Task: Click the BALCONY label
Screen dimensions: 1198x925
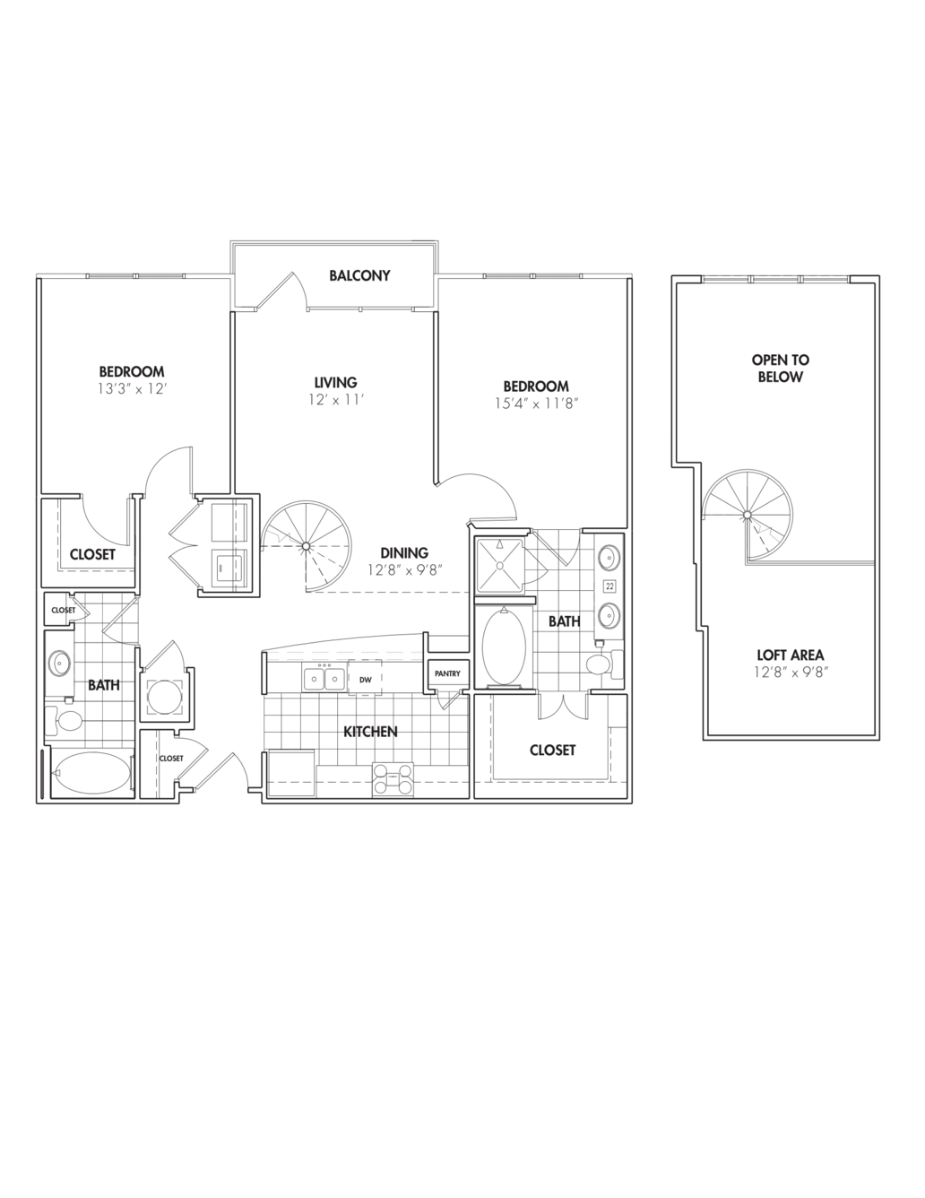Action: point(359,275)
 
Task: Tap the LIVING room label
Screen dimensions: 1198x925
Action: point(335,382)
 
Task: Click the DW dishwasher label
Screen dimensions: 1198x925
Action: point(365,680)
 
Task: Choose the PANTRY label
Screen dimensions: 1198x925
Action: point(446,673)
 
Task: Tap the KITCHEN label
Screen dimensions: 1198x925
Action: point(370,732)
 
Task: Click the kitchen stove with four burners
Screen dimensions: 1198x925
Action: point(394,778)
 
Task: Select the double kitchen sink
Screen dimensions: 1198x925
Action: point(324,679)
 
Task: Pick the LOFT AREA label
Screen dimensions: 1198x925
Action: point(790,655)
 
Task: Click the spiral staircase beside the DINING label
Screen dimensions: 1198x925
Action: point(306,545)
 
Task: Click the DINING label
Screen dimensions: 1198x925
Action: point(403,553)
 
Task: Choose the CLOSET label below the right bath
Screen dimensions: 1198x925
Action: point(552,750)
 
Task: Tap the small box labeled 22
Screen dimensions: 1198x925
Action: point(609,586)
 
